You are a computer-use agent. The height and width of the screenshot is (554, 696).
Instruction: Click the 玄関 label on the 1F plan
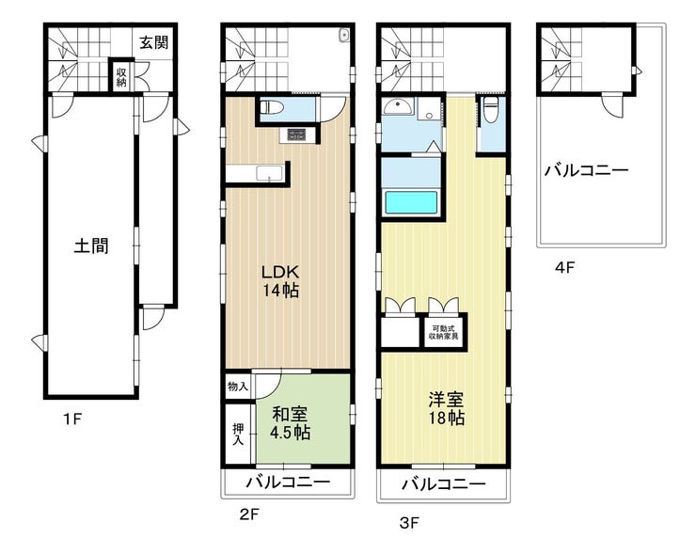pyautogui.click(x=154, y=42)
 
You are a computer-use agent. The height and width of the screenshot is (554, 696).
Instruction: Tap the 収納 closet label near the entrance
pyautogui.click(x=121, y=76)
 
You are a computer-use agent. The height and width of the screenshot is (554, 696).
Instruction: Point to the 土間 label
pyautogui.click(x=91, y=245)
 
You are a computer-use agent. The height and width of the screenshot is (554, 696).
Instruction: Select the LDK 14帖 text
pyautogui.click(x=280, y=281)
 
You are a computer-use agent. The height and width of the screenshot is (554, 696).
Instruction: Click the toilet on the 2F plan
pyautogui.click(x=267, y=107)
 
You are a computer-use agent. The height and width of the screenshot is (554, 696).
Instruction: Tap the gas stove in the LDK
pyautogui.click(x=296, y=135)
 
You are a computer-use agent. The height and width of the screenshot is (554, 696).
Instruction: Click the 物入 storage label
pyautogui.click(x=237, y=387)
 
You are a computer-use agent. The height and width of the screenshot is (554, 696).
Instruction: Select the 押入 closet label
pyautogui.click(x=238, y=435)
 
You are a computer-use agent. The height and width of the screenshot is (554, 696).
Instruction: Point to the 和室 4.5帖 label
pyautogui.click(x=291, y=423)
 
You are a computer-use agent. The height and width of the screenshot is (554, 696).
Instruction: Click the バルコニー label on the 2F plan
pyautogui.click(x=289, y=482)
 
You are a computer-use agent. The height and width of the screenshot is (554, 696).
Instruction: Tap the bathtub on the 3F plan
pyautogui.click(x=411, y=202)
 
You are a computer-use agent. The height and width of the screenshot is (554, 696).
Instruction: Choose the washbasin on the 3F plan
pyautogui.click(x=398, y=106)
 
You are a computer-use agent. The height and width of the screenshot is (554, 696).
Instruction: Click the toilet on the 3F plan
pyautogui.click(x=490, y=109)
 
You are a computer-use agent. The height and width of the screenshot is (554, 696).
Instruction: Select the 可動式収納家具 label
pyautogui.click(x=444, y=332)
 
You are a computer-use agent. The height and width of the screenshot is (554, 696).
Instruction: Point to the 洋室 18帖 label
pyautogui.click(x=446, y=408)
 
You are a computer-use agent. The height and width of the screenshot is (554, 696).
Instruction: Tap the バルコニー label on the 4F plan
pyautogui.click(x=587, y=170)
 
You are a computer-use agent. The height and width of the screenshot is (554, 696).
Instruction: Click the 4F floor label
pyautogui.click(x=565, y=268)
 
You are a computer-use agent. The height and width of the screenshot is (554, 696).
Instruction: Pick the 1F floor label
pyautogui.click(x=72, y=419)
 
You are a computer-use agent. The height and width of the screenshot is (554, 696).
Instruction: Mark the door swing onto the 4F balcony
pyautogui.click(x=612, y=105)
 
